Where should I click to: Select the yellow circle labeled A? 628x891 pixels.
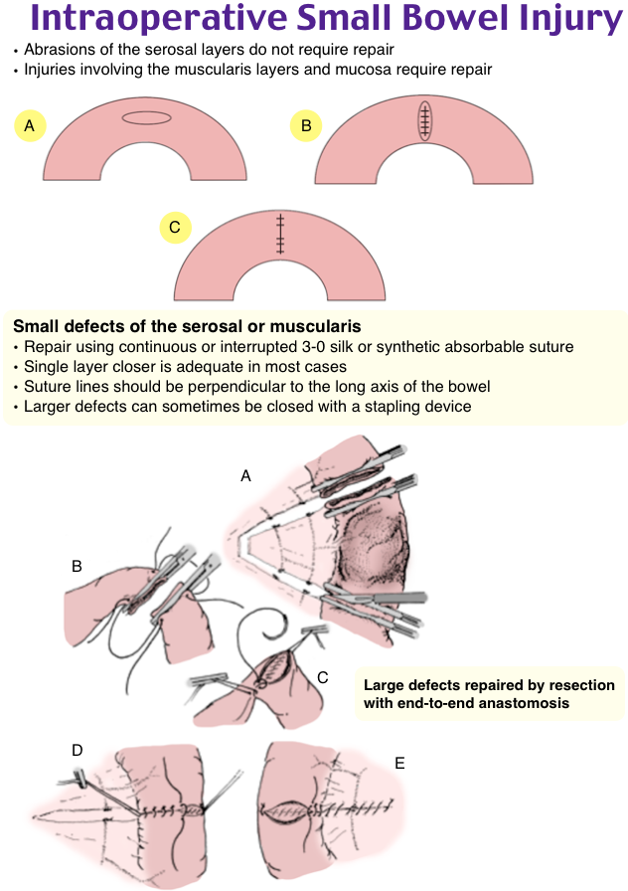(x=30, y=125)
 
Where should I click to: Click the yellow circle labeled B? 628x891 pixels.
(x=306, y=125)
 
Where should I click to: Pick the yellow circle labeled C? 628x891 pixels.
(x=175, y=228)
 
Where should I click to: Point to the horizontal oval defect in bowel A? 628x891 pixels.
(x=153, y=118)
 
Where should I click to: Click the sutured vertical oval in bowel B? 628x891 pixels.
(x=425, y=120)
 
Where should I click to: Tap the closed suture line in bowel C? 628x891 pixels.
(x=281, y=235)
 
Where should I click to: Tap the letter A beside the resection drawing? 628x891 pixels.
(x=245, y=476)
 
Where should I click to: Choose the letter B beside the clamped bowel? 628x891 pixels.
(x=77, y=567)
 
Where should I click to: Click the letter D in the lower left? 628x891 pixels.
(x=77, y=748)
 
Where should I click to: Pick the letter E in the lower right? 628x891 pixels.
(x=399, y=763)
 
